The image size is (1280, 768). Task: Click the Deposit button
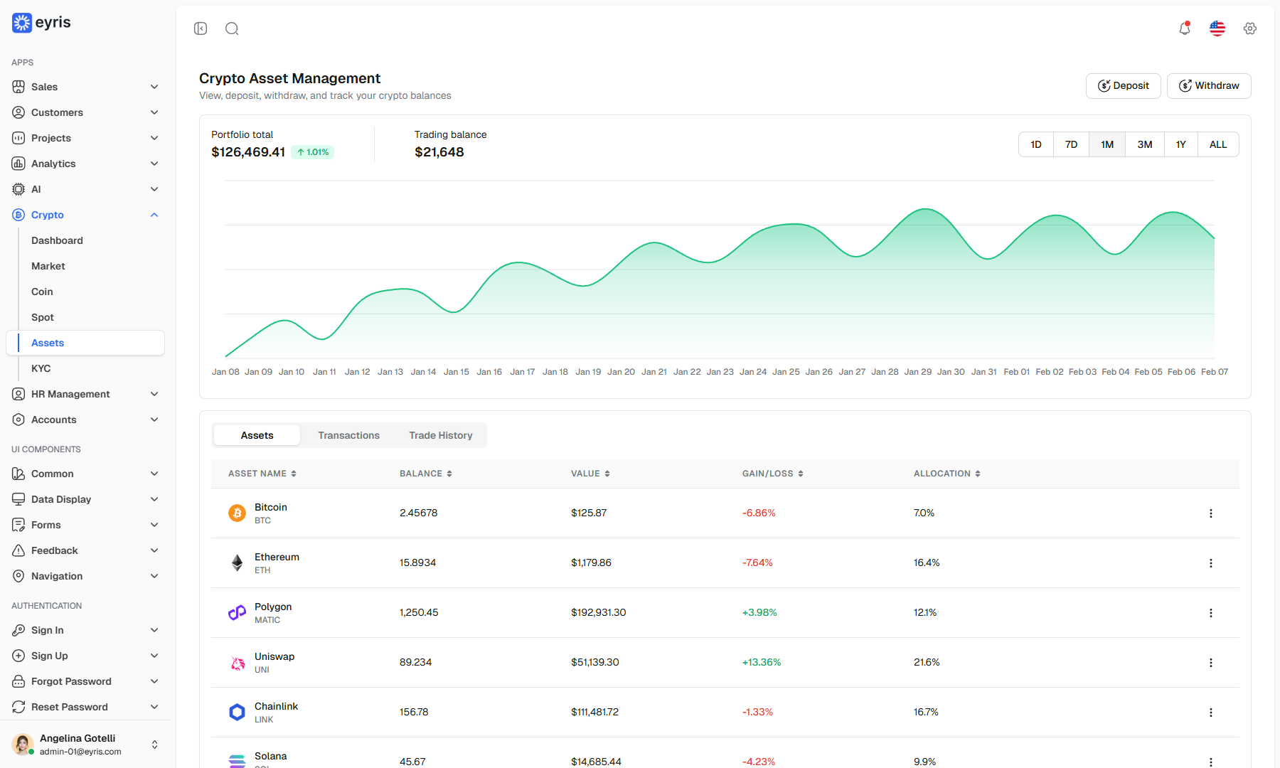1123,86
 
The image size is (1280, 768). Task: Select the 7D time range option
1071,144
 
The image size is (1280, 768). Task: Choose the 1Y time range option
1180,144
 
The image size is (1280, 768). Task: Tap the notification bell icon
1185,28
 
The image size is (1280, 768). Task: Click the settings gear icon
1250,28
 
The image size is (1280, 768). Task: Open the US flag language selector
1217,28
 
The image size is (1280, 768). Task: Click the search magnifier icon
232,28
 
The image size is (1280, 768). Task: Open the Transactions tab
348,435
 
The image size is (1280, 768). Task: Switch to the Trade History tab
441,435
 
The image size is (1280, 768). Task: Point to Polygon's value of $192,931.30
599,612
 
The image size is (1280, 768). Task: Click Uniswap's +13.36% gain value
762,662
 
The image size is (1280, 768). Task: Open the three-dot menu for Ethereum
1211,563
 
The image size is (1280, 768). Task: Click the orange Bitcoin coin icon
237,513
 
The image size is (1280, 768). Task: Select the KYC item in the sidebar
41,368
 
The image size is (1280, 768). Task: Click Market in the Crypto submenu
48,266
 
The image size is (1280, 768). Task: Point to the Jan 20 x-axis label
621,372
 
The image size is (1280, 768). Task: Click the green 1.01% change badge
313,152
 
